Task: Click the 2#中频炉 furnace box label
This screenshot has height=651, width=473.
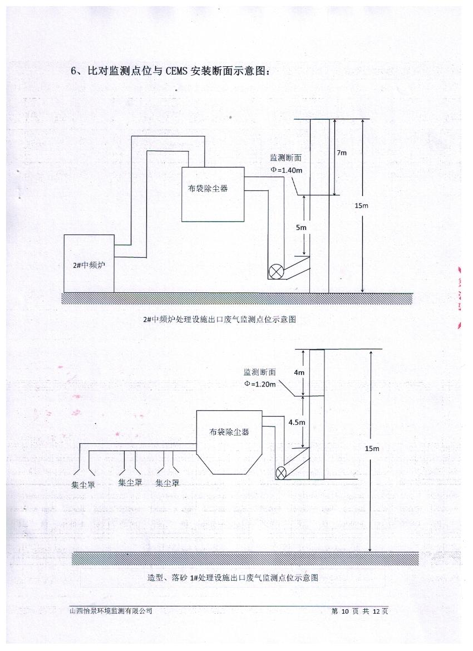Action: coord(89,266)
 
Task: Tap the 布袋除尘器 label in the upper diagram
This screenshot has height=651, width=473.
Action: coord(208,189)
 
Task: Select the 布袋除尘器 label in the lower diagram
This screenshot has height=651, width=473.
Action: coord(229,432)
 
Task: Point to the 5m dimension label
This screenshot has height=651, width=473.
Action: coord(300,227)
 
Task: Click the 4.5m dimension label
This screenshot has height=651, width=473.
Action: coord(297,423)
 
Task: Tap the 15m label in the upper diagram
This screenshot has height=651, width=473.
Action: coord(361,205)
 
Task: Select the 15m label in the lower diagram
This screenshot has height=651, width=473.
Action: coord(372,448)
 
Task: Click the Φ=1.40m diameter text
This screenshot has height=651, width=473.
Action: coord(287,170)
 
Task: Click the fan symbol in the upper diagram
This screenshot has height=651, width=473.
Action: coord(275,272)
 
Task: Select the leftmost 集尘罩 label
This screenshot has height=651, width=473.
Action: coord(83,485)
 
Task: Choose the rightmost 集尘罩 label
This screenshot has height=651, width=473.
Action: coord(167,482)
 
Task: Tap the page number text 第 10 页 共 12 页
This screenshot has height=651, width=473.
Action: coord(359,611)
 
